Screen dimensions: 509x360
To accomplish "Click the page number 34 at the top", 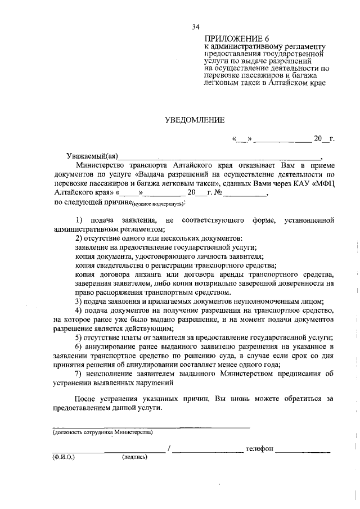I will point(196,26).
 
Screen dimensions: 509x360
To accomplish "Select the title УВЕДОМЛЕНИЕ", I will point(194,119).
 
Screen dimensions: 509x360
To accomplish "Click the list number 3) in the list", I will point(79,301).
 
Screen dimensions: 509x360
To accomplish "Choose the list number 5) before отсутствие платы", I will point(79,337).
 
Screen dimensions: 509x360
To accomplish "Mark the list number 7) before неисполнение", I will point(79,373).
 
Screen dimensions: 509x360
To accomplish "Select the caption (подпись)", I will point(134,457).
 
